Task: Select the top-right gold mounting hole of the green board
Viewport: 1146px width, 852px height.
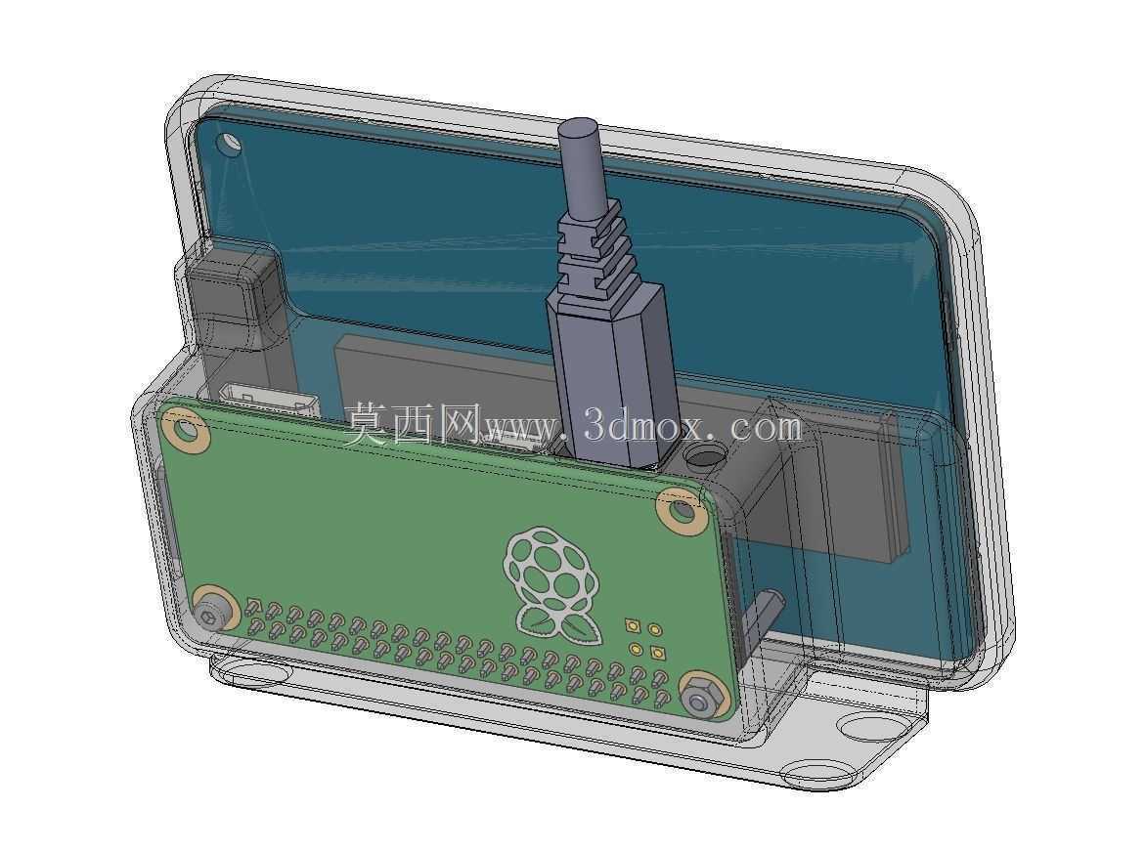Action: pyautogui.click(x=680, y=510)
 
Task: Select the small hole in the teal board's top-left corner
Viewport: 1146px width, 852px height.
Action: pyautogui.click(x=232, y=143)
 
